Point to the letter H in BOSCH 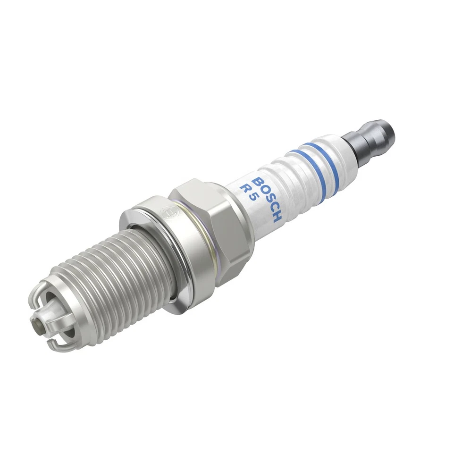pos(277,217)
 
